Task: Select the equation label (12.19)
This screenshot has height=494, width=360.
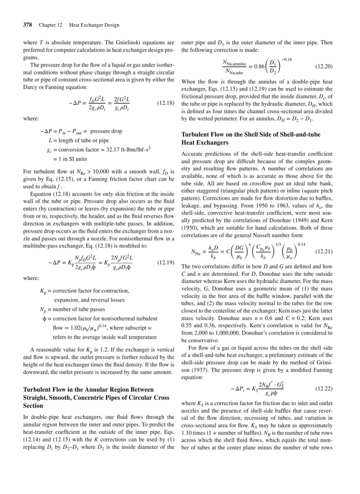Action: coord(165,262)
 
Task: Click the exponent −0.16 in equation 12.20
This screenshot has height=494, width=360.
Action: coord(285,59)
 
